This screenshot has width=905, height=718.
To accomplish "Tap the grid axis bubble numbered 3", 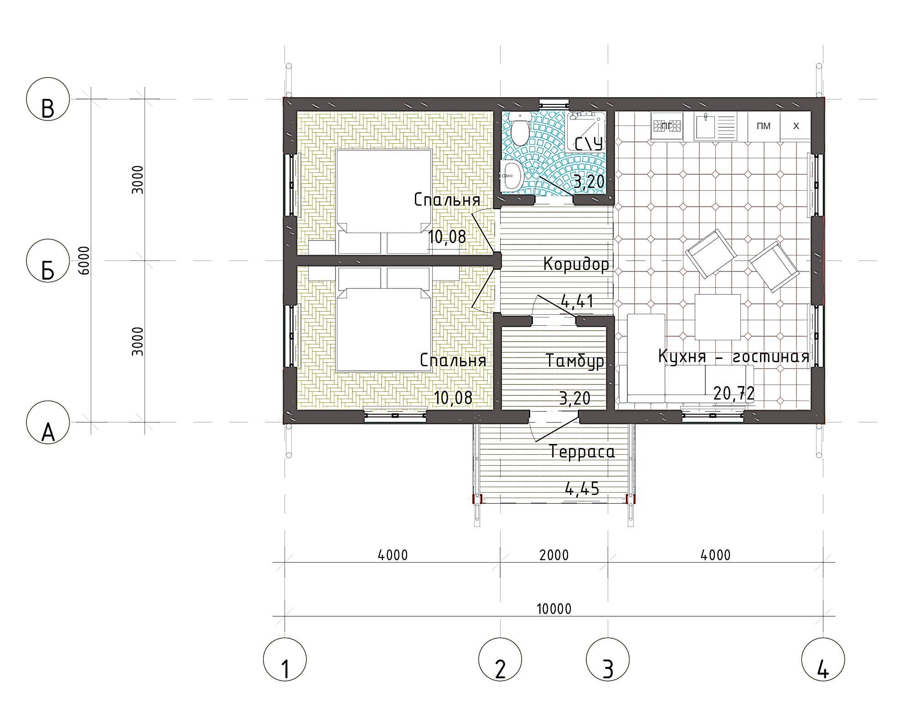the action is [608, 659].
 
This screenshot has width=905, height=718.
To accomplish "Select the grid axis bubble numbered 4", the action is [823, 659].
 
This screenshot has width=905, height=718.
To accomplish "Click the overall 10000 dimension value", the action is [554, 609].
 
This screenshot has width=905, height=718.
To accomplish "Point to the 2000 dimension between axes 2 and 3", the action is [554, 555].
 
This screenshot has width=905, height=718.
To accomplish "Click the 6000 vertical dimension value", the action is [84, 260].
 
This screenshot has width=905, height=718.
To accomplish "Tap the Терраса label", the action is [582, 452].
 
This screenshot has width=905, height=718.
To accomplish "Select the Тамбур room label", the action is [575, 360].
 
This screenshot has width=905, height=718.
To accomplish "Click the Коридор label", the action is [576, 264].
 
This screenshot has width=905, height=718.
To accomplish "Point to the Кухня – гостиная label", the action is [734, 356].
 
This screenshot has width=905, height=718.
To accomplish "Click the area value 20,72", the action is [734, 393].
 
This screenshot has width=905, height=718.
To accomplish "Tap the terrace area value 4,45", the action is [582, 489].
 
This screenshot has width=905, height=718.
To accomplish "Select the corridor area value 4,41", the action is [576, 301].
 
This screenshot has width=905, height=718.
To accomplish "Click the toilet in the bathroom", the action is [520, 129].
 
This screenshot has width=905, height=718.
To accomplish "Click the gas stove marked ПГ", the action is [667, 126].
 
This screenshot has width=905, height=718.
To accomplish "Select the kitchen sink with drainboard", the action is [715, 126].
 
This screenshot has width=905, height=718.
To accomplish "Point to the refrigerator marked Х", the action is [796, 126].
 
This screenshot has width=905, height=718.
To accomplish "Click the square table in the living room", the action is [717, 317].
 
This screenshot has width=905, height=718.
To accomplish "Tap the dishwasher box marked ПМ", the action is [764, 126].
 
